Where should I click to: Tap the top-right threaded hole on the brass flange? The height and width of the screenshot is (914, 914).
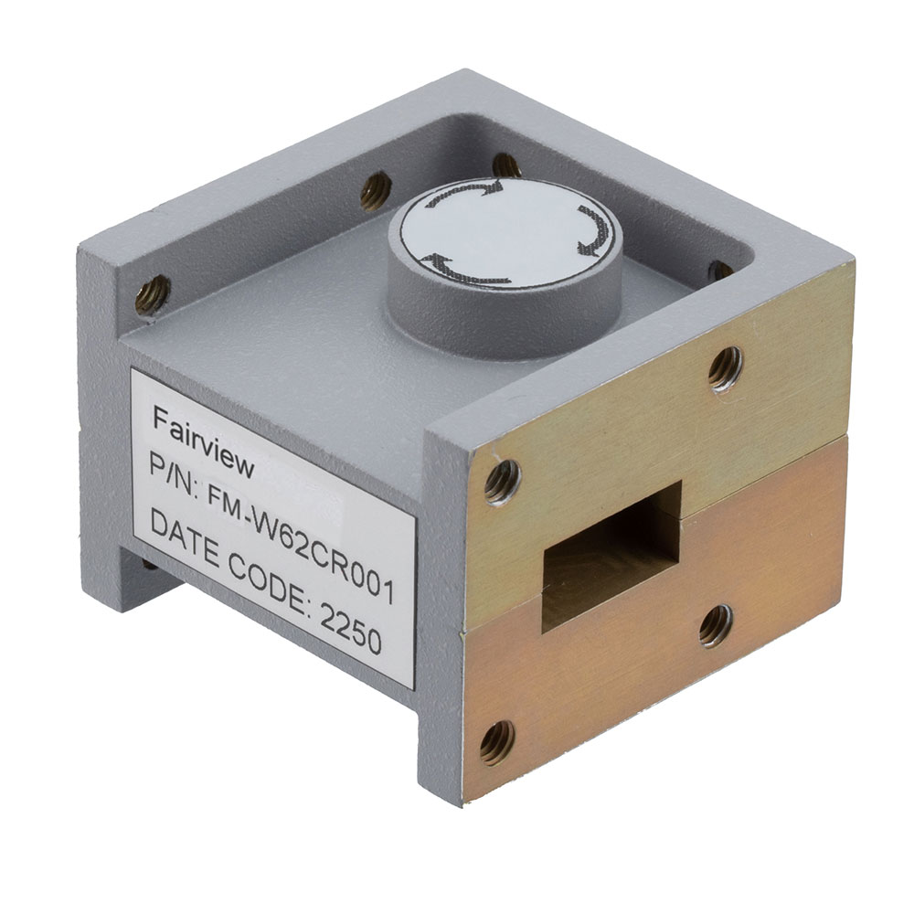[x=725, y=368]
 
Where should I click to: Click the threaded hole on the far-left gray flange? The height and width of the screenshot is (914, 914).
[x=152, y=293]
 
